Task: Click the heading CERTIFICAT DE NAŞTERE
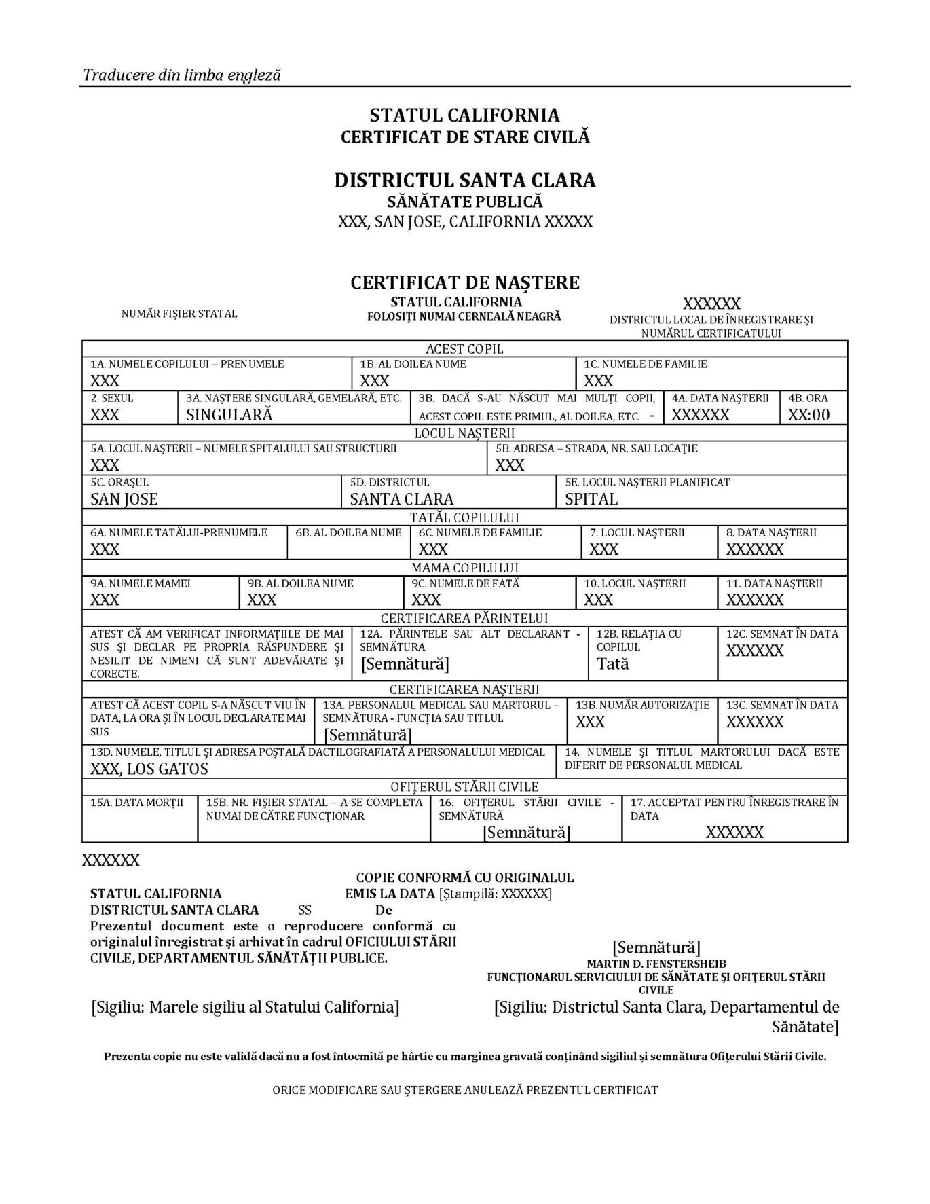pos(464,282)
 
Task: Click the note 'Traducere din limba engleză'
pos(181,75)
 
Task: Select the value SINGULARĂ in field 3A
pos(229,415)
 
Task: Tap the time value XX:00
pos(808,415)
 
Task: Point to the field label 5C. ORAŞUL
pos(119,482)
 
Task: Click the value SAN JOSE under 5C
pos(124,499)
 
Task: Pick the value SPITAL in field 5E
pos(591,499)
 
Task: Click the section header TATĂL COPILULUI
pos(464,517)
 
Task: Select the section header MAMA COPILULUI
pos(464,568)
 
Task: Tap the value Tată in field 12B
pos(613,664)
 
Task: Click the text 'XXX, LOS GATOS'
pos(149,769)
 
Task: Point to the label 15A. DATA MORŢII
pos(137,803)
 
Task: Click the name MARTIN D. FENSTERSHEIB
pos(656,964)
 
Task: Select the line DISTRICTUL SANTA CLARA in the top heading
pos(464,180)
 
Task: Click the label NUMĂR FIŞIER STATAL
pos(179,314)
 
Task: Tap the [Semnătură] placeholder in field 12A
pos(405,664)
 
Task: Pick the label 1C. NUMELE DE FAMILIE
pos(646,364)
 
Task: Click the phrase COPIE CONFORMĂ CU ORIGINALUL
pos(465,877)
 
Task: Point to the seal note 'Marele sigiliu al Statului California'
pos(245,1007)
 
